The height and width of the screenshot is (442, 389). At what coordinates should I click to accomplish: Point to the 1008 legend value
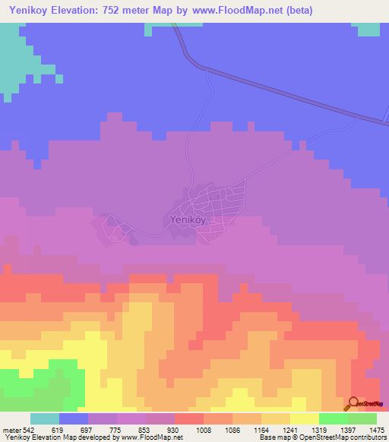(x=204, y=429)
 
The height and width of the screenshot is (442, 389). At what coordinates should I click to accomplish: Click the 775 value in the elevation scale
(x=117, y=429)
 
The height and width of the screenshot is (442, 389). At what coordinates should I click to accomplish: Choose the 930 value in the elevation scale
(x=174, y=429)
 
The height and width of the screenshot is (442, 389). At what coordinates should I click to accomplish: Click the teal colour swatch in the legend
(x=45, y=418)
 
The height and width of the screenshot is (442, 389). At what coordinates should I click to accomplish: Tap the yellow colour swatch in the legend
(x=305, y=418)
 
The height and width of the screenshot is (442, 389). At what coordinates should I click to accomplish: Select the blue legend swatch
(x=74, y=418)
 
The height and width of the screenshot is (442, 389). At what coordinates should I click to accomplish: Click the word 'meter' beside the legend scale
(x=11, y=429)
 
